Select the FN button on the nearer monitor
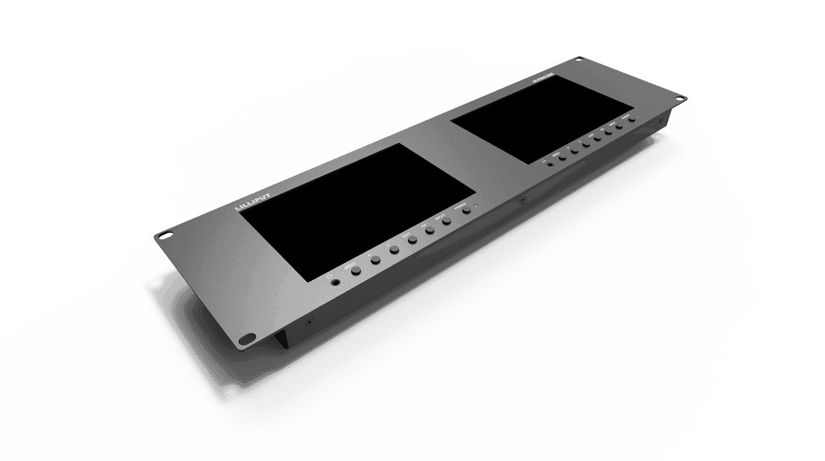pos(429,230)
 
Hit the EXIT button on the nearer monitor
pos(412,239)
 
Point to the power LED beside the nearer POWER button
pos(474,207)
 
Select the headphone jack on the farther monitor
pos(550,163)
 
